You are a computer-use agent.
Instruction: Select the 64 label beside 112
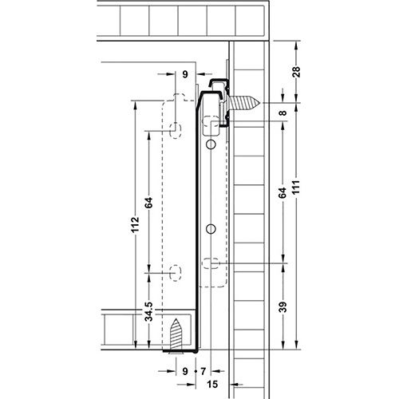tap(148, 202)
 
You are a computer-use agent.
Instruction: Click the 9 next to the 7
tap(185, 371)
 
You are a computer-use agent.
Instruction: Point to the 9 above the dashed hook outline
tap(185, 73)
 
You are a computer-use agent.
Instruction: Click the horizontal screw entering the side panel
tap(246, 103)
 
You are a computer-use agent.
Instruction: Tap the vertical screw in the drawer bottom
tap(176, 331)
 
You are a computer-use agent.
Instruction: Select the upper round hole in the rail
tap(210, 146)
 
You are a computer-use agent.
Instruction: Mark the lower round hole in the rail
tap(210, 229)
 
